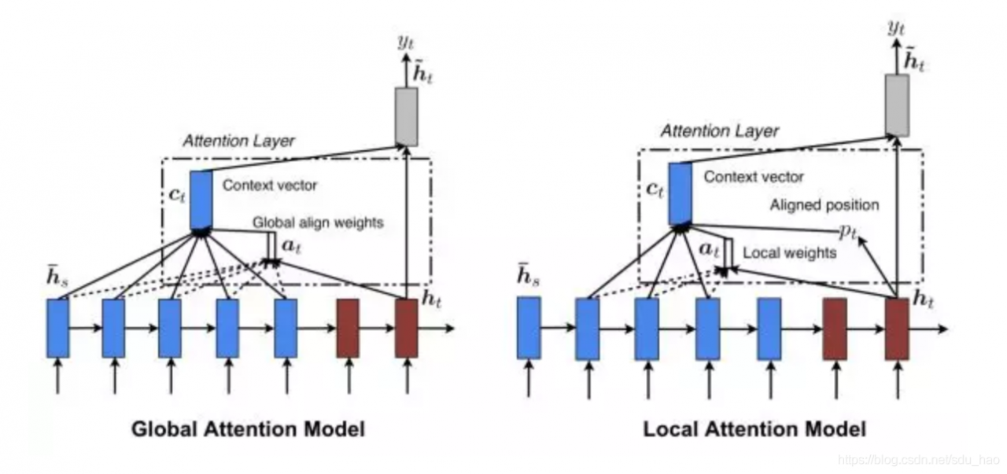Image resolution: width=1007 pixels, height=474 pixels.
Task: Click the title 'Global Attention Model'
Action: click(x=248, y=429)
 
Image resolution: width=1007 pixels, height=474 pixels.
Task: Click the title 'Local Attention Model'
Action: click(x=754, y=429)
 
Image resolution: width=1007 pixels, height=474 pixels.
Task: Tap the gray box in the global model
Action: click(x=407, y=117)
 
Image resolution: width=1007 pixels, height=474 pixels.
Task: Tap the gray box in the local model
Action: click(x=898, y=105)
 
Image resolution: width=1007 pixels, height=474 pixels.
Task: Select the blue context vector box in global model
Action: click(x=201, y=200)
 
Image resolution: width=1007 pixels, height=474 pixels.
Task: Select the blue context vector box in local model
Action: click(x=681, y=193)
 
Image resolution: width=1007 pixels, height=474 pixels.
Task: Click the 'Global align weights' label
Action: click(x=318, y=222)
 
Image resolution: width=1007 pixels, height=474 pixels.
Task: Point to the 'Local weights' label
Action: click(x=789, y=253)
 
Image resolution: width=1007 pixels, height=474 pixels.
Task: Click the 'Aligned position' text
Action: click(x=824, y=205)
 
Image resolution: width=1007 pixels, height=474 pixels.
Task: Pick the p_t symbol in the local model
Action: click(x=848, y=232)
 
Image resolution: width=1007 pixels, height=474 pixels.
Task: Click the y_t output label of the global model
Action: click(x=405, y=42)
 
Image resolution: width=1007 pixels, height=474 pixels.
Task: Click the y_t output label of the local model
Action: click(x=896, y=28)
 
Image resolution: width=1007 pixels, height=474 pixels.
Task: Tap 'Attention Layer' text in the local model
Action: click(x=719, y=131)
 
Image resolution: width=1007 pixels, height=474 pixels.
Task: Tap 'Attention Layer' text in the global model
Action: click(x=238, y=141)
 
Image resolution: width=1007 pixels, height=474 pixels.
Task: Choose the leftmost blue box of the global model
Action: click(x=58, y=329)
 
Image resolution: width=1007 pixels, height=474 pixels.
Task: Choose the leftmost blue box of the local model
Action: click(x=529, y=328)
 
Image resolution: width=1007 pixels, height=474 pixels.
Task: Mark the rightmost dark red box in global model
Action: click(x=407, y=329)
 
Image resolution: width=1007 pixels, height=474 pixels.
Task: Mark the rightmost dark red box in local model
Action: click(x=898, y=329)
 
